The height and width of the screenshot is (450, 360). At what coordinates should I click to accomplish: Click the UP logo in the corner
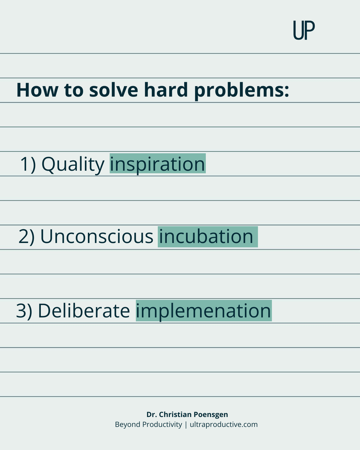coord(304,30)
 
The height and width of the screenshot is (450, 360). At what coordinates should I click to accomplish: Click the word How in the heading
coord(37,90)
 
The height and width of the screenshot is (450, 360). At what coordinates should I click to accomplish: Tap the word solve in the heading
coord(114,90)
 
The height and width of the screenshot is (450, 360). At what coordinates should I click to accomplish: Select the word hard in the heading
coord(166,90)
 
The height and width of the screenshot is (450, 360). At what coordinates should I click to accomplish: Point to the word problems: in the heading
coord(241,91)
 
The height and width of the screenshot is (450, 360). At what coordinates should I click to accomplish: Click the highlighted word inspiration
coord(157,163)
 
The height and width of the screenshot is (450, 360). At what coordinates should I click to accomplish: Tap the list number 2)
coord(27,237)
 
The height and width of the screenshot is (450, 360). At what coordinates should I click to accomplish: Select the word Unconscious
coord(97,236)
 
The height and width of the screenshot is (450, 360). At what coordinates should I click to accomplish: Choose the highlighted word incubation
coord(208,237)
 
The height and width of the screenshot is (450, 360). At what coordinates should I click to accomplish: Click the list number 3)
coord(24,311)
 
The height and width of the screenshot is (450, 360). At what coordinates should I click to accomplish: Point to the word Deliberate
coord(84,310)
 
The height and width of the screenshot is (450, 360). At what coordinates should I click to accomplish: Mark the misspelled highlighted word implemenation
coord(204,310)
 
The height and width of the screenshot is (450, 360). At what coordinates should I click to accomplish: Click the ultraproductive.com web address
coord(223,425)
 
